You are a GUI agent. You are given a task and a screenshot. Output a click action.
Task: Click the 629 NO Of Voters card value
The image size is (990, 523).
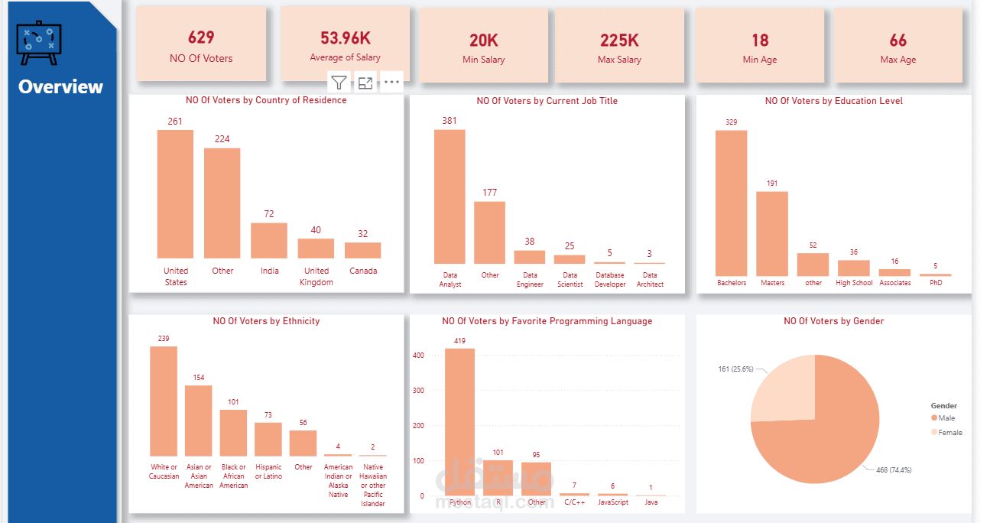(x=201, y=37)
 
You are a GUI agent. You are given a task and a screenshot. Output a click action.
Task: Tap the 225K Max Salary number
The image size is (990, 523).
(x=619, y=41)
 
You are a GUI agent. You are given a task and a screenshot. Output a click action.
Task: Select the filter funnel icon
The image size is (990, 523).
(x=339, y=83)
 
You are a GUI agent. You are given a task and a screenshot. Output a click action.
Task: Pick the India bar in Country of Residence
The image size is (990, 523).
(x=269, y=241)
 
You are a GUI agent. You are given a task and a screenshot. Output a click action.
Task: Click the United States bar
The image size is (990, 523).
(x=175, y=194)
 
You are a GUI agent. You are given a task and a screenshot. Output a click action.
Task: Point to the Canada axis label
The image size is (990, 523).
(x=363, y=271)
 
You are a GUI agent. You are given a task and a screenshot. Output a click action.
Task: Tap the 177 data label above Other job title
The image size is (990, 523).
(x=490, y=192)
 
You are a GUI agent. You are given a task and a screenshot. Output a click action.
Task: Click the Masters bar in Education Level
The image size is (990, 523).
(x=772, y=233)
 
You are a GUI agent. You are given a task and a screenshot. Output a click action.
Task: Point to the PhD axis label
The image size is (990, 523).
(x=936, y=283)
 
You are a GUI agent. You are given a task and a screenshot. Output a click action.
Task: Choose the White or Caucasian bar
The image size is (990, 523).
(x=164, y=401)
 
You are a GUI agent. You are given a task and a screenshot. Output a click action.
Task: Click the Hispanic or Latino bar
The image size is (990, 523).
(x=268, y=439)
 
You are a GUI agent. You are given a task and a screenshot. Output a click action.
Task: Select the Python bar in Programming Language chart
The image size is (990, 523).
(x=460, y=421)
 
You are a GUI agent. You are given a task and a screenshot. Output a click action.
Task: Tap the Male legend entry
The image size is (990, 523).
(x=943, y=418)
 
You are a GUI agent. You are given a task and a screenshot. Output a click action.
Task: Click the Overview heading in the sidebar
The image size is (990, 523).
(x=60, y=86)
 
